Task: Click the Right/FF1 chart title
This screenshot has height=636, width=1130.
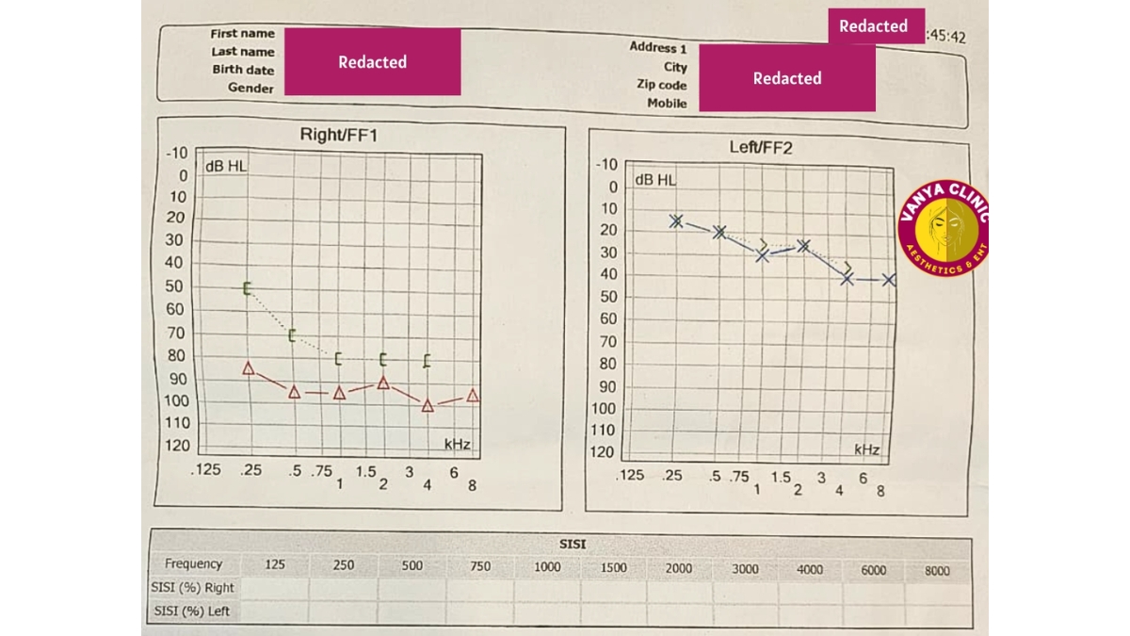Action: tap(338, 135)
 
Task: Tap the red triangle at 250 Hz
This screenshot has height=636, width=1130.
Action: tap(249, 367)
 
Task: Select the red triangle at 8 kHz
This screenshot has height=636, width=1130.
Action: tap(473, 396)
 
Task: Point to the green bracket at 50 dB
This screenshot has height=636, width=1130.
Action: tap(248, 288)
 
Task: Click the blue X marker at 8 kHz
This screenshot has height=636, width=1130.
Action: tap(888, 280)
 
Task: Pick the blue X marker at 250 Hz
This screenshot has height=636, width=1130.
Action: tap(676, 220)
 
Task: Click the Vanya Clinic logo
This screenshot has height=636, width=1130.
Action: tap(944, 229)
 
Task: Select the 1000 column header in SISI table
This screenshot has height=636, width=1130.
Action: tap(547, 567)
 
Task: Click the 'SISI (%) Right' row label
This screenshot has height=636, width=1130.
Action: tap(192, 587)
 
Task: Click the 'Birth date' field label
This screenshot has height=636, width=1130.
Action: tap(243, 70)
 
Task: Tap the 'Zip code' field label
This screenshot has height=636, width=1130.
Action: tap(661, 85)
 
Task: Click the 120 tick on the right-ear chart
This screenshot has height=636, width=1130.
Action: tap(177, 446)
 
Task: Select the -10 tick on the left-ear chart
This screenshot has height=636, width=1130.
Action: tap(607, 164)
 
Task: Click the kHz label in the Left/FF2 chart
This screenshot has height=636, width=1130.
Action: tap(866, 449)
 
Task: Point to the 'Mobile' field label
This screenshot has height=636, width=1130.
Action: tap(667, 104)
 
